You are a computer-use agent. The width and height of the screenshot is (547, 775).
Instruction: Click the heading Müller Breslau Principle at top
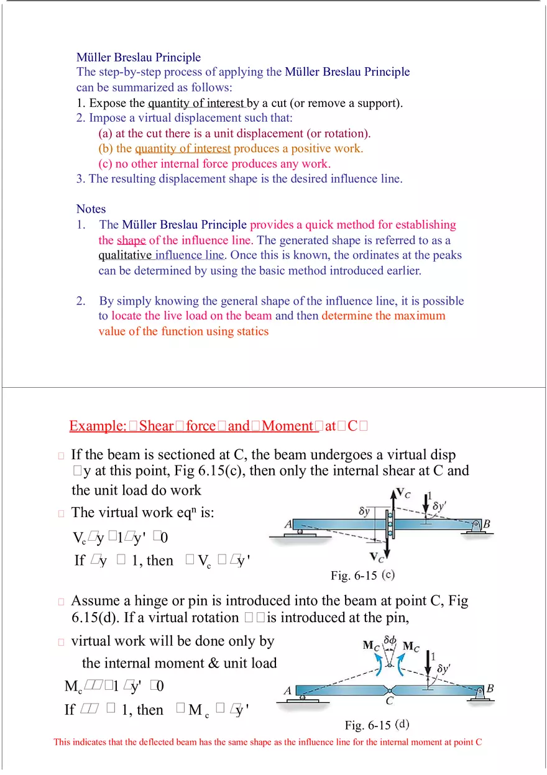click(x=139, y=57)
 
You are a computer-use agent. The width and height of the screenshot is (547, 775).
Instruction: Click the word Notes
click(x=91, y=209)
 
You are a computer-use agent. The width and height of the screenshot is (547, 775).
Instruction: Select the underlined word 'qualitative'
click(x=126, y=255)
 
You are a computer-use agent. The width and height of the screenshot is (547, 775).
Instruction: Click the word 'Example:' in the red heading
click(x=98, y=426)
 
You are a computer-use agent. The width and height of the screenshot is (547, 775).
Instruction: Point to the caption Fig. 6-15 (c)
click(x=362, y=576)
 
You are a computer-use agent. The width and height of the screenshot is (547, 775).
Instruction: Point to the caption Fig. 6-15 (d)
click(x=377, y=725)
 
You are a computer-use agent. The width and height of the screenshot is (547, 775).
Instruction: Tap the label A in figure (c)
click(x=288, y=525)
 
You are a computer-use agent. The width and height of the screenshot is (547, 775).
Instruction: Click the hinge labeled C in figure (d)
click(x=390, y=690)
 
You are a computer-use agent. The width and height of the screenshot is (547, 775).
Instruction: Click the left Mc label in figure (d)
click(x=370, y=646)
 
